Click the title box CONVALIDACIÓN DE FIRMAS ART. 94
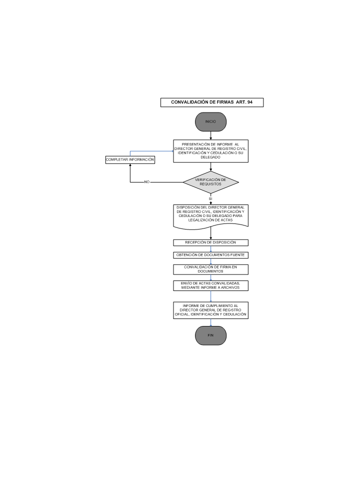[212, 102]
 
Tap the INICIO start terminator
[210, 122]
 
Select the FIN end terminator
[210, 335]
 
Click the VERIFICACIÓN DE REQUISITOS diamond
[210, 182]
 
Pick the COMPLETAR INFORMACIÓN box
[130, 160]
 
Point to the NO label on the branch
[147, 182]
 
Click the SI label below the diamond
[210, 198]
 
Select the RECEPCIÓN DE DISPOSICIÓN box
[210, 243]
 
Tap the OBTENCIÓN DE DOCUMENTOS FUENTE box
[210, 255]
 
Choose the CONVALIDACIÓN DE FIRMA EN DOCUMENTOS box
[210, 269]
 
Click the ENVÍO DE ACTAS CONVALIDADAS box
[210, 285]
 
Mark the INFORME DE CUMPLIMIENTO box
[210, 310]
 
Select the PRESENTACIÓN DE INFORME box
[210, 151]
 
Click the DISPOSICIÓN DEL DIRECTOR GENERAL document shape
[210, 216]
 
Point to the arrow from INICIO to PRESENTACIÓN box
[210, 135]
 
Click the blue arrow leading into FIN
[210, 322]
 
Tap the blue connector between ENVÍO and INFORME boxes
[210, 296]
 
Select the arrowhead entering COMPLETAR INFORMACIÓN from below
[130, 165]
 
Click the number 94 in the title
[250, 102]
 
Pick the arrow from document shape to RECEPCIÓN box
[210, 233]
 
